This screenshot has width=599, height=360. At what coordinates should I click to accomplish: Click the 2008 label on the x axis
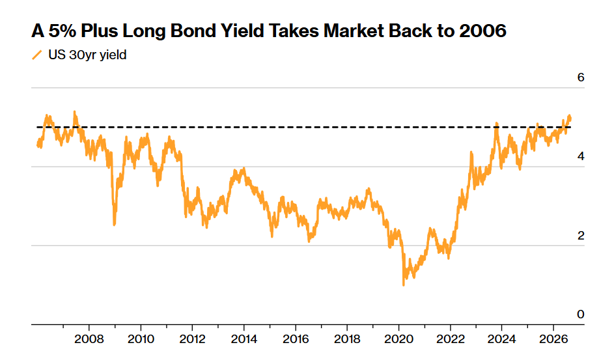[x=89, y=339]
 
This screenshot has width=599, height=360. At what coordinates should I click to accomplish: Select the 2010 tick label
[x=141, y=339]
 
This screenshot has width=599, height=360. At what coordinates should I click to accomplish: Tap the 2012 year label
[x=193, y=339]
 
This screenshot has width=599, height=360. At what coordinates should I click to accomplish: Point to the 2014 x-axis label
[x=244, y=339]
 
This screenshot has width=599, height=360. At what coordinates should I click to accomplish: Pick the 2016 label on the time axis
[x=296, y=339]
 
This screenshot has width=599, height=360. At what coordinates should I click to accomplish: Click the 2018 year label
[x=347, y=339]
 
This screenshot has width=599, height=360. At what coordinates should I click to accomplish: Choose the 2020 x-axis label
[x=399, y=339]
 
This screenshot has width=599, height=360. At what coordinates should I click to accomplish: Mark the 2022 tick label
[x=451, y=339]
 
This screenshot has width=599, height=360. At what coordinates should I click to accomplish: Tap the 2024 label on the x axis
[x=502, y=339]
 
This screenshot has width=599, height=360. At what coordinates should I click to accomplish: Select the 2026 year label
[x=554, y=339]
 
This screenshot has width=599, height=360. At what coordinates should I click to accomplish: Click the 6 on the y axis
[x=581, y=77]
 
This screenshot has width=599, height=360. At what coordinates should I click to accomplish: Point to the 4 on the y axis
[x=581, y=156]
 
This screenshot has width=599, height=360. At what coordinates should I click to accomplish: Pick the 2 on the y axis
[x=581, y=236]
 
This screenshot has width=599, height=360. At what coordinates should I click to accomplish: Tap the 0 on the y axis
[x=581, y=314]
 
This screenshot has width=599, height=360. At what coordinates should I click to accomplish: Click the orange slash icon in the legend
[x=36, y=55]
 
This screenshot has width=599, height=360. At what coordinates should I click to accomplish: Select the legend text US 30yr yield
[x=87, y=55]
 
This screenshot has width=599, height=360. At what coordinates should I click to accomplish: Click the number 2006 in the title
[x=483, y=31]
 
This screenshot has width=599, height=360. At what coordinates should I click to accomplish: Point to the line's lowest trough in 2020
[x=404, y=284]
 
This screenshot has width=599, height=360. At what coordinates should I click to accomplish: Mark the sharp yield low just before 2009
[x=114, y=225]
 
